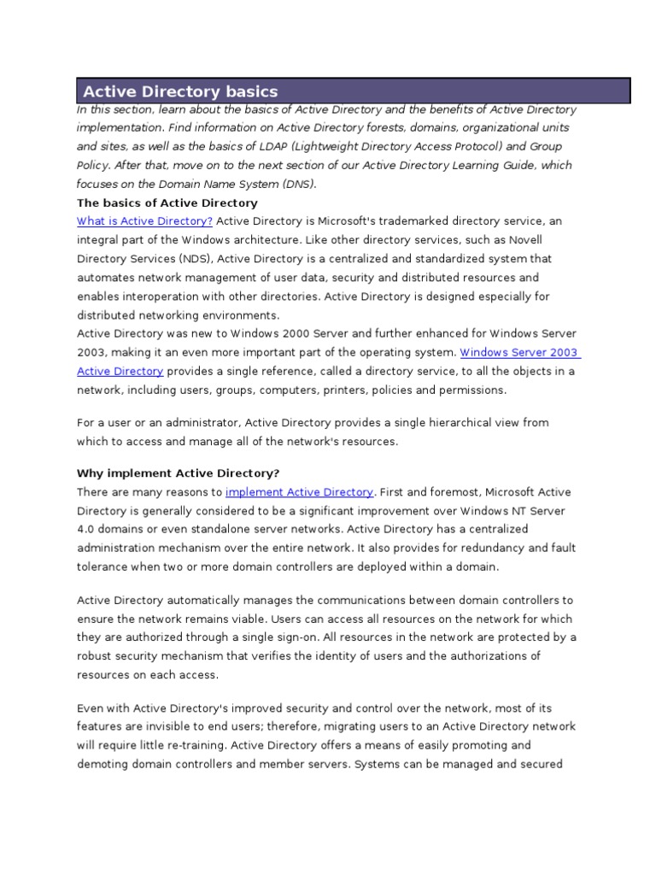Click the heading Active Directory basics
[x=180, y=91]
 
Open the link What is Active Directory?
[x=144, y=221]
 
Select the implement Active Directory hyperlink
[x=299, y=492]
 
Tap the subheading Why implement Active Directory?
[x=178, y=473]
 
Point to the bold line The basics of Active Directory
[x=167, y=203]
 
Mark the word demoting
[x=102, y=764]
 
